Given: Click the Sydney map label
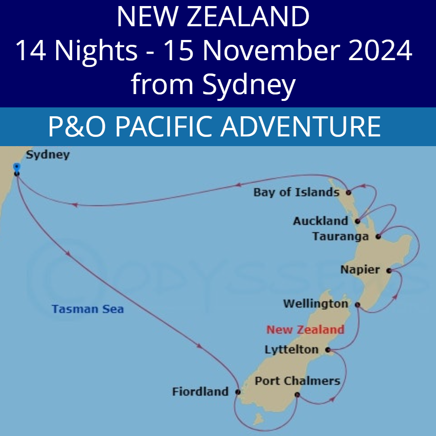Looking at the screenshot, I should point(48,155).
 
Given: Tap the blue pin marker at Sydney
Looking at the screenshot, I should point(17,166).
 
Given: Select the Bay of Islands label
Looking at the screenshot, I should point(296,192).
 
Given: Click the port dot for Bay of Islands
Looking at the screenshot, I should point(349,193).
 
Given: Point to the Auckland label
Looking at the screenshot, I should point(321,221).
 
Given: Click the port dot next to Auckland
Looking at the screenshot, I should point(357,221).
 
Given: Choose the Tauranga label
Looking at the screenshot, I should point(340,237).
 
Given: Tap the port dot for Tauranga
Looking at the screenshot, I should point(378,237).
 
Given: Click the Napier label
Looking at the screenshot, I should point(360,270).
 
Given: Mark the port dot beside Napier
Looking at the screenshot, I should point(389,270).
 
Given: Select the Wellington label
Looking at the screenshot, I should point(316,304).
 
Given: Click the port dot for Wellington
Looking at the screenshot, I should point(357,305).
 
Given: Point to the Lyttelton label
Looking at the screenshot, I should point(291,350).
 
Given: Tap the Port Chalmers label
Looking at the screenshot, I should point(298,381).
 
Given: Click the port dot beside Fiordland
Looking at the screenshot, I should point(238,392).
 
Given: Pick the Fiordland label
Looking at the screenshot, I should point(200,392).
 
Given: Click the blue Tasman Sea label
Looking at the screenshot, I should point(88,309).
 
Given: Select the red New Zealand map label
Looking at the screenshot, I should point(305,329).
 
